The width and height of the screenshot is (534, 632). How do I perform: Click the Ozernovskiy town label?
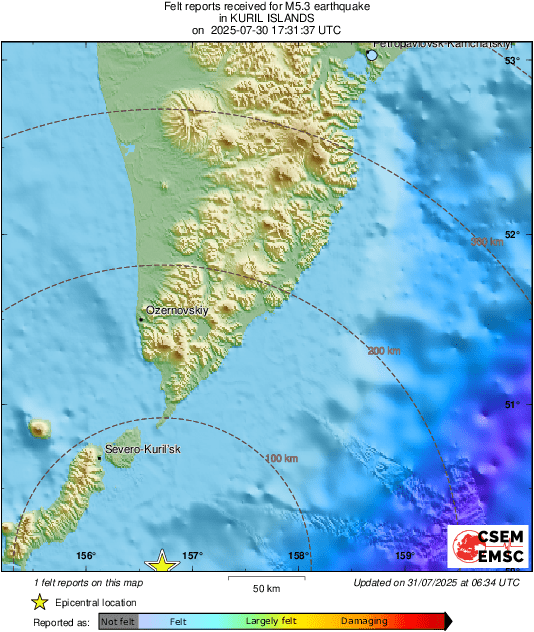(176, 311)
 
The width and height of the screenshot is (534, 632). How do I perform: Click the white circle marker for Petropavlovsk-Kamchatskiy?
(372, 56)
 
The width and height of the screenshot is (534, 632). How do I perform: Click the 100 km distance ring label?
(283, 458)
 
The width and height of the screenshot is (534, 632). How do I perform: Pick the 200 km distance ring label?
(384, 351)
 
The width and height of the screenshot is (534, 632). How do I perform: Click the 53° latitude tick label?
(511, 61)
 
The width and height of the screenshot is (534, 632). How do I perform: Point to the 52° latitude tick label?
(511, 234)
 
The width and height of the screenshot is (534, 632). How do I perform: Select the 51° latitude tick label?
(511, 404)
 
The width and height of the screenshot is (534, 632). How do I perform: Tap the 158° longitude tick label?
(298, 556)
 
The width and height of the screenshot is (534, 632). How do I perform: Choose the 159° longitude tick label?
(404, 556)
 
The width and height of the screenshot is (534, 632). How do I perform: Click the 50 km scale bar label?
(265, 588)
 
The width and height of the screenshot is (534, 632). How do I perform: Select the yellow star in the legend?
(39, 602)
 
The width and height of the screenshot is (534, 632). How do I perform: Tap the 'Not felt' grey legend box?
(119, 621)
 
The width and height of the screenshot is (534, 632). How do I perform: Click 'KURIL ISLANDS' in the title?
(266, 18)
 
